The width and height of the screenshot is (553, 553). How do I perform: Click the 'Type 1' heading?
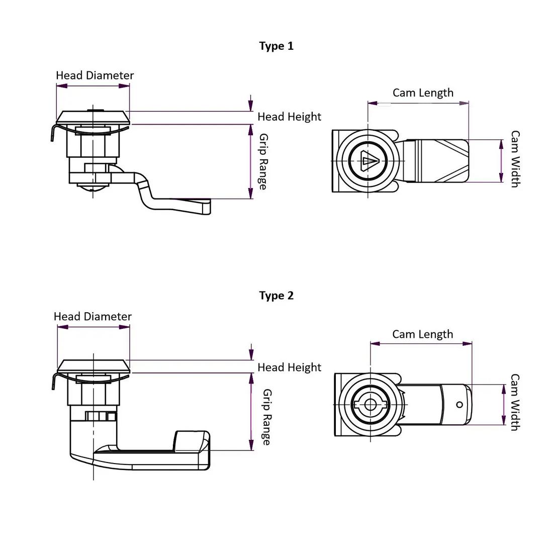click(x=276, y=46)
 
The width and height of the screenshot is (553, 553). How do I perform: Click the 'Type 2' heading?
click(x=276, y=296)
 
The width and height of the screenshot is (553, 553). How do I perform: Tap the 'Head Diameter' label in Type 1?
click(x=95, y=75)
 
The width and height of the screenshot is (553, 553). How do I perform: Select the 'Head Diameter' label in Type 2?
click(x=93, y=316)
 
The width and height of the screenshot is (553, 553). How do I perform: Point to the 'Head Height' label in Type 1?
click(x=289, y=117)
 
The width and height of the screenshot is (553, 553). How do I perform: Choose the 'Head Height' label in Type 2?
click(x=289, y=367)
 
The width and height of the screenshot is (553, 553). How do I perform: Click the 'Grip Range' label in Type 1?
click(x=263, y=161)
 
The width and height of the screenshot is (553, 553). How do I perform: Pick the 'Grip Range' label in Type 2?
click(x=266, y=417)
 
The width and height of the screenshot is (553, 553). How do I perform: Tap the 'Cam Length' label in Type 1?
click(x=423, y=93)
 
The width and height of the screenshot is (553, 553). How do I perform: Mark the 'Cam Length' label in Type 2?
click(x=422, y=334)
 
